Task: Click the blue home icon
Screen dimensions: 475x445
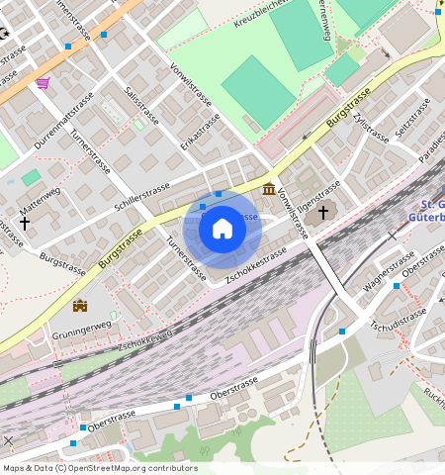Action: point(222,229)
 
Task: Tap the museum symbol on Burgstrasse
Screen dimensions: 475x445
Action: point(269,189)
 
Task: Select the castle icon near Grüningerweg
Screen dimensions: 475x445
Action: point(80,306)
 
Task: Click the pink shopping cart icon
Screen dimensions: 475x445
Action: point(43,83)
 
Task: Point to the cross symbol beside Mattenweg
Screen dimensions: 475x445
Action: point(24,224)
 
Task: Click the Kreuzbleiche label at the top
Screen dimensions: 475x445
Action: point(262,10)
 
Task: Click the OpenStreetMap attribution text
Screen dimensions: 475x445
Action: point(100,468)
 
